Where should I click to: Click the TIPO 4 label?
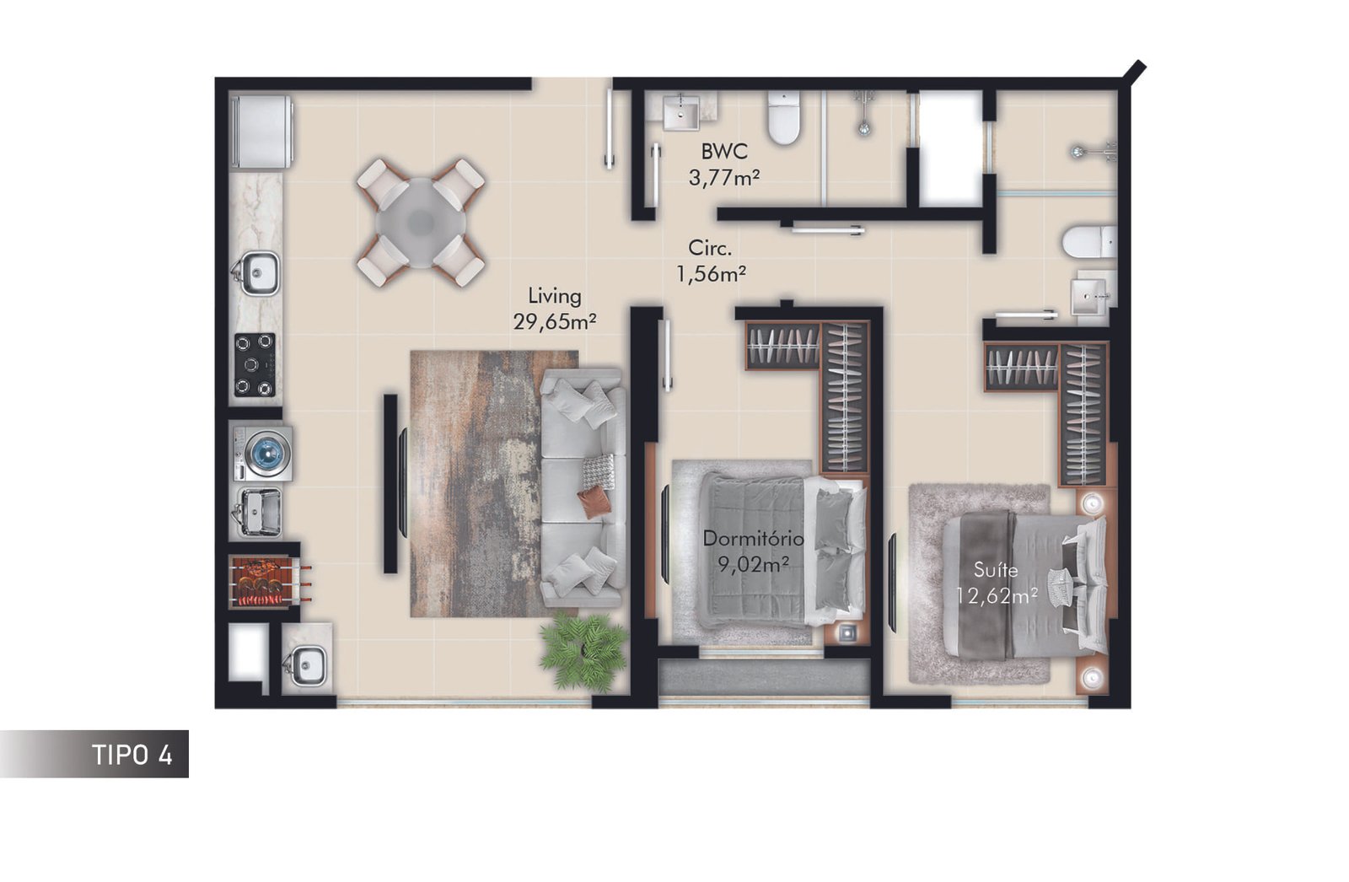132,755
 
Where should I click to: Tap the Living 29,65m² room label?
555,309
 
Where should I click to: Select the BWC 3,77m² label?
724,164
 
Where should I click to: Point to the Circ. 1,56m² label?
712,261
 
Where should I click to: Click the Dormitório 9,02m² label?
754,551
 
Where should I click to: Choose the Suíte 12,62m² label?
997,583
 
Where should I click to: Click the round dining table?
421,223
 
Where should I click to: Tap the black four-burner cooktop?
255,365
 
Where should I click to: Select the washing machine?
262,454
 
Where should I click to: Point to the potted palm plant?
583,652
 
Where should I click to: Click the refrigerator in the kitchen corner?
262,132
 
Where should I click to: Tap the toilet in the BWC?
783,118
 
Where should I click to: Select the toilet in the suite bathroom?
1089,242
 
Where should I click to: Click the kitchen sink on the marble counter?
256,273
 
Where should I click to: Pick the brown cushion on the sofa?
594,503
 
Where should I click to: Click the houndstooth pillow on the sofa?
599,471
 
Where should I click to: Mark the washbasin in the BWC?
681,112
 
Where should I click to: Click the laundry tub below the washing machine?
260,512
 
